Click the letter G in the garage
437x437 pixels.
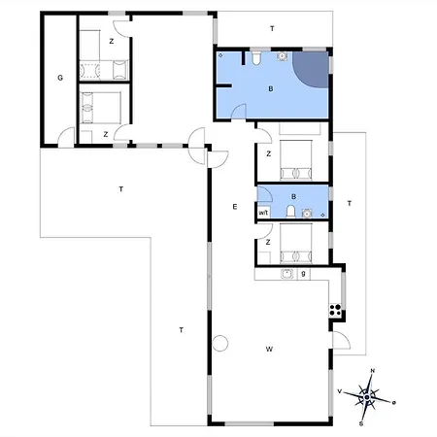(x=60, y=78)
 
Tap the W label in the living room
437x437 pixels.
(x=269, y=349)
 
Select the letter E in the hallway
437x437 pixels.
(x=235, y=207)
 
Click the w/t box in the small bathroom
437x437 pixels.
(x=263, y=213)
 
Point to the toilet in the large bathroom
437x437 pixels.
(x=256, y=57)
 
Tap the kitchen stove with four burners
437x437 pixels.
(x=335, y=310)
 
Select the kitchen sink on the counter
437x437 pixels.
(x=287, y=274)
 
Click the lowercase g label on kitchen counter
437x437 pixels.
(x=303, y=274)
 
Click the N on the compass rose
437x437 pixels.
(x=373, y=371)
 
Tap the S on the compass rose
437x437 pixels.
(x=361, y=423)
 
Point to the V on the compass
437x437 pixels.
(x=340, y=391)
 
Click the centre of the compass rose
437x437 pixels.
(x=366, y=397)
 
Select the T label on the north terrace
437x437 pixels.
(x=272, y=29)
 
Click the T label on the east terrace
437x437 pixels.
(x=350, y=204)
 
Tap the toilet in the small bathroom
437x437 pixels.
(x=290, y=212)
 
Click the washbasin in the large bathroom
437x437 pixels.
(x=283, y=56)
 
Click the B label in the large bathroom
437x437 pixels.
(x=271, y=88)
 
